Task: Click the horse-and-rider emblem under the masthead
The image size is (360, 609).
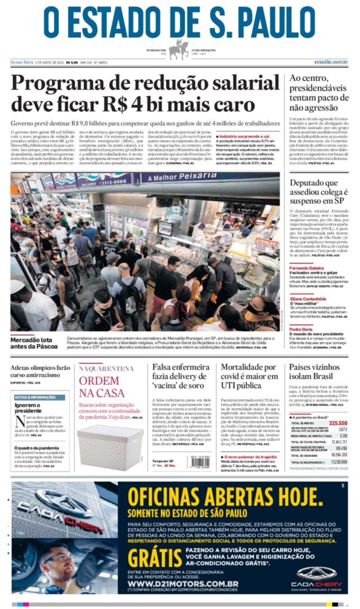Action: click(179, 50)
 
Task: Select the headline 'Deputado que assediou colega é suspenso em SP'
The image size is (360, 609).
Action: click(318, 192)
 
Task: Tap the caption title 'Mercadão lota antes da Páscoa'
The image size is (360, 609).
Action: click(34, 343)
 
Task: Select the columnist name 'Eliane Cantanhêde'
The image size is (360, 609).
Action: click(308, 299)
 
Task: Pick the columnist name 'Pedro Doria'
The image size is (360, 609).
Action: click(301, 329)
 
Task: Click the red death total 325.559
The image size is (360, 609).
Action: click(338, 423)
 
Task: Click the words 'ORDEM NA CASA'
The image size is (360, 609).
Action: click(101, 387)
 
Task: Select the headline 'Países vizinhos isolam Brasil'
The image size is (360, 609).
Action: click(314, 371)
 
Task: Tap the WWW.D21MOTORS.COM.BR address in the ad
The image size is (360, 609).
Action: click(183, 584)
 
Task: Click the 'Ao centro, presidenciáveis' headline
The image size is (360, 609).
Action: click(319, 92)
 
